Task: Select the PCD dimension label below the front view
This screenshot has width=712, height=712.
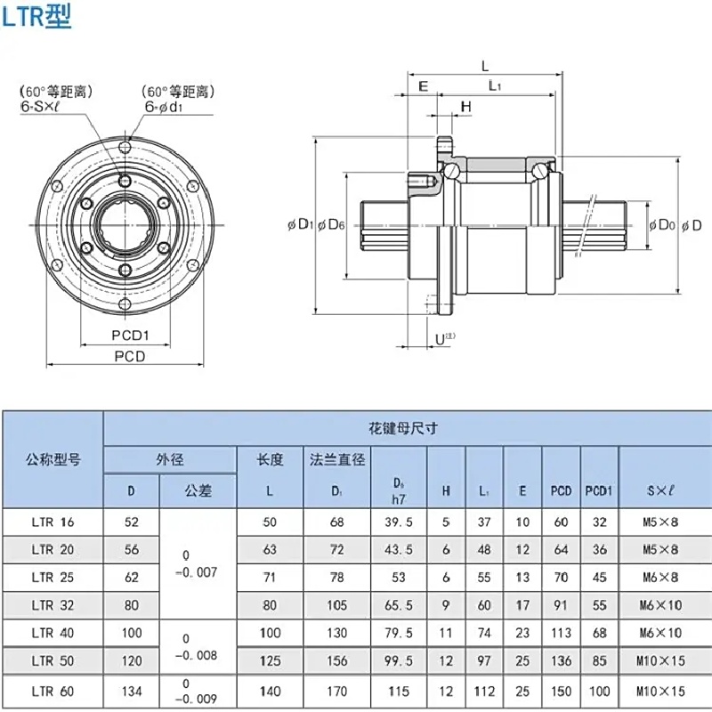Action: [130, 356]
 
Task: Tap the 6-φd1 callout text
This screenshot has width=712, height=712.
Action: [164, 106]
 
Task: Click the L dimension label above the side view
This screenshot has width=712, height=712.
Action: [485, 66]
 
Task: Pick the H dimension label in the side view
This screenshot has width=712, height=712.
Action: [465, 107]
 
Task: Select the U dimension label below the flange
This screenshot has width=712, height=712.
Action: [442, 338]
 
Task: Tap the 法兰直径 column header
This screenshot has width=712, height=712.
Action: [337, 459]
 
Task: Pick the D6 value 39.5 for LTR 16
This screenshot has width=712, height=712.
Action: [399, 522]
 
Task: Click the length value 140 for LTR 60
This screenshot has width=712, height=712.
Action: [270, 690]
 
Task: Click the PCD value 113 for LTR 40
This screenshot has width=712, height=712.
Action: [561, 633]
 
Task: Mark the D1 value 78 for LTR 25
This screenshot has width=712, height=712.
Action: [337, 578]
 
